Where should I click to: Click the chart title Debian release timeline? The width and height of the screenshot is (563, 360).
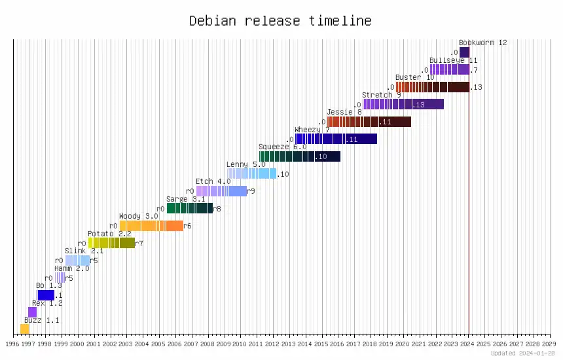coord(280,21)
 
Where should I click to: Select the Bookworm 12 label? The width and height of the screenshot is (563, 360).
coord(483,43)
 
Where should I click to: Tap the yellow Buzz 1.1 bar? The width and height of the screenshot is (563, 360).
coord(25,329)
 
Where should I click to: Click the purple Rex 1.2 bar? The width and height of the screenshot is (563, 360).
coord(33,312)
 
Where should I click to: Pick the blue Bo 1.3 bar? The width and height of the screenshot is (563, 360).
coord(46,295)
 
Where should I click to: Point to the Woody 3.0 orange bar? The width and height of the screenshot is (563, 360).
coord(151,226)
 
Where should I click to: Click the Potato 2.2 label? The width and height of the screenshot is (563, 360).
coord(109,234)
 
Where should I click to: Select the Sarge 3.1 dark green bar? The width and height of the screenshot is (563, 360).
coord(189,208)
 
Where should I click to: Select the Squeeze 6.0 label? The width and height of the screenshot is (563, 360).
coord(282,147)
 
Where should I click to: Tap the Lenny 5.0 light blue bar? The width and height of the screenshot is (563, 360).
coord(252,173)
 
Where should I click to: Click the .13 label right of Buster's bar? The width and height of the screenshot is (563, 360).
coord(477,87)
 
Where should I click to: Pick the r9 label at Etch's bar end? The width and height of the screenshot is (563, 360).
coord(251,191)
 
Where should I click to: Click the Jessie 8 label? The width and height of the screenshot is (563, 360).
coord(344,112)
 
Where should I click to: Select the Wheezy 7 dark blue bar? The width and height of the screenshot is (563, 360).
coord(336,139)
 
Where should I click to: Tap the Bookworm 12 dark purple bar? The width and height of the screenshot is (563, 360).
coord(464,52)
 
